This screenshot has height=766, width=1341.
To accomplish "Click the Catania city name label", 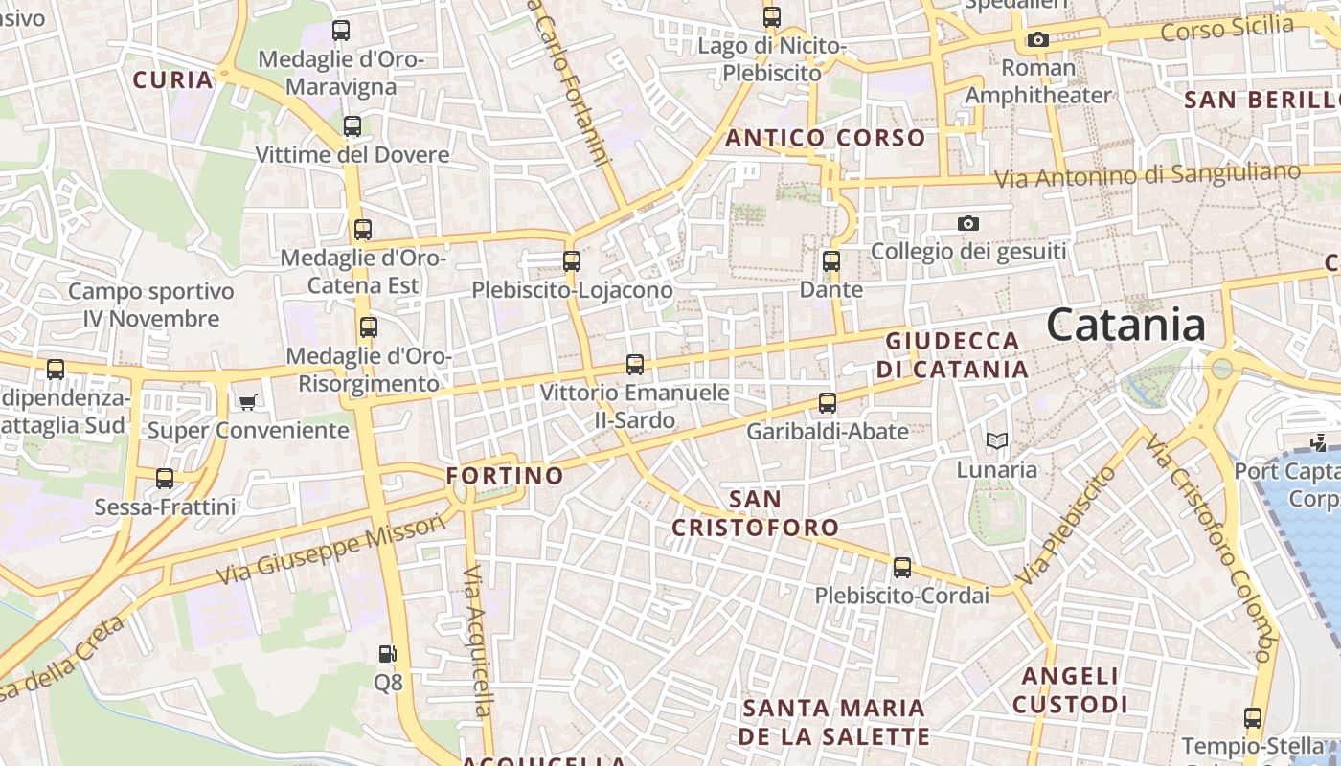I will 1125,326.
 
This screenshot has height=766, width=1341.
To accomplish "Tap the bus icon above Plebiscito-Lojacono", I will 572,260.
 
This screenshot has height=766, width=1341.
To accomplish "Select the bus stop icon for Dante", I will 831,260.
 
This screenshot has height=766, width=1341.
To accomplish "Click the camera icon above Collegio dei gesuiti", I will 968,224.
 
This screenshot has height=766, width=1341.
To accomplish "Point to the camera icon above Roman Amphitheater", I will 1037,39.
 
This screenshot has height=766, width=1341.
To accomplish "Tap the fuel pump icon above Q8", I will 388,655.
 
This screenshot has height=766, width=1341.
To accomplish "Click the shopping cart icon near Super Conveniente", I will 248,402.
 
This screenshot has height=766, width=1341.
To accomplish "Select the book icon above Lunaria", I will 997,441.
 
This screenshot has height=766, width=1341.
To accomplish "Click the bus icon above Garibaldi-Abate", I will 828,403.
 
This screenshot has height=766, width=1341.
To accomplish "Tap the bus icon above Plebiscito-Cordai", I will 902,568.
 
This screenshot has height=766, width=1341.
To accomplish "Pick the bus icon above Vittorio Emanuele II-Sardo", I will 635,365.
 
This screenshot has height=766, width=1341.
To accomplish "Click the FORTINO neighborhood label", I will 505,476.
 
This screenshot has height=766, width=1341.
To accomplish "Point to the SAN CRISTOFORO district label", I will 755,513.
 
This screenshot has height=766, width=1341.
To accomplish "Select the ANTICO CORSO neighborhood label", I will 825,138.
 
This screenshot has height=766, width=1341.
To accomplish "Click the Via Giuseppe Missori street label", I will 330,551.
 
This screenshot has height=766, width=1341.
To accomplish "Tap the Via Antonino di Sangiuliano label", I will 1148,176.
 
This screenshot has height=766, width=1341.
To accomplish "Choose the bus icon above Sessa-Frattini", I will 165,478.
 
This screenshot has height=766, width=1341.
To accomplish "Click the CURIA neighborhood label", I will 173,79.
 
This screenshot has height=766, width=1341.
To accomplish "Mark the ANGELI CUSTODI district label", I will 1070,690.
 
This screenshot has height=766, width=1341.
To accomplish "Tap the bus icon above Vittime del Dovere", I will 352,126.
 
